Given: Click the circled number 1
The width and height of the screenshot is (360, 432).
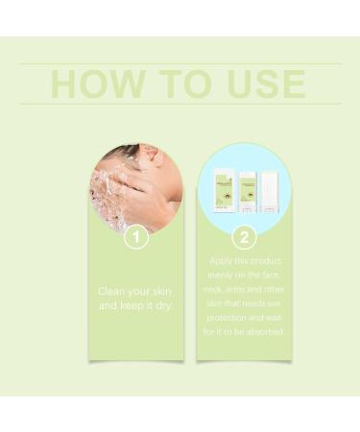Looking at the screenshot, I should pos(136,234).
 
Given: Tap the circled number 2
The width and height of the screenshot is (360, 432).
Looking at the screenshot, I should pos(245,234).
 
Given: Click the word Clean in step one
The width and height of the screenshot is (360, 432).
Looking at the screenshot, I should pos(112,291).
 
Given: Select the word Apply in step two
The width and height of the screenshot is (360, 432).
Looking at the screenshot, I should pos(220,260).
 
